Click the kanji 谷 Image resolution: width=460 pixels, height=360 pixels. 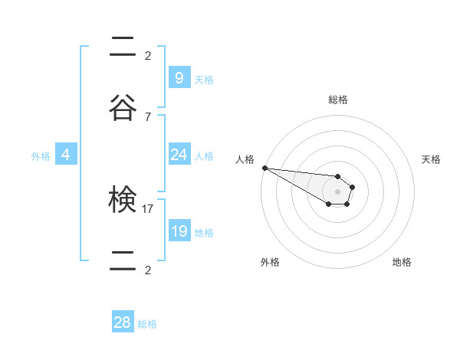[123, 109]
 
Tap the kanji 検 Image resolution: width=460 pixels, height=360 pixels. [123, 201]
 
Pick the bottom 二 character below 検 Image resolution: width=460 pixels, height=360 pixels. [123, 262]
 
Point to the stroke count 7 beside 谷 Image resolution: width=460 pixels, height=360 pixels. [148, 116]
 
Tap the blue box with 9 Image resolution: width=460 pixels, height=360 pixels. [179, 78]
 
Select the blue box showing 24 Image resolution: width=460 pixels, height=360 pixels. [179, 155]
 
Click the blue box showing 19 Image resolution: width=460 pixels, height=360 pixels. [179, 231]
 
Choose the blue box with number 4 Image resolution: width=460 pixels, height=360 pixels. [66, 155]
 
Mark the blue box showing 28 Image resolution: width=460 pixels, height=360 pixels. [123, 322]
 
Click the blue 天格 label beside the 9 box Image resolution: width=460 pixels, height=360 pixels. [204, 80]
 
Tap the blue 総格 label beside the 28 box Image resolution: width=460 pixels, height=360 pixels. [147, 324]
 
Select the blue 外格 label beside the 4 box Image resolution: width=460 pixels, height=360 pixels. [41, 156]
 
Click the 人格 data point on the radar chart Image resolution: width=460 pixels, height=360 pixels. [264, 168]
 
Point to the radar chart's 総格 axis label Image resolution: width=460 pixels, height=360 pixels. [337, 100]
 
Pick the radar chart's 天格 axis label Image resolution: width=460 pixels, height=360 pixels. [432, 159]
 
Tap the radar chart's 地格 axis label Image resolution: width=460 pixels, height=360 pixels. [402, 262]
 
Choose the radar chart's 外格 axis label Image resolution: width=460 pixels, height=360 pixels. [270, 262]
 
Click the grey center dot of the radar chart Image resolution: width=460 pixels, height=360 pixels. [337, 191]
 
